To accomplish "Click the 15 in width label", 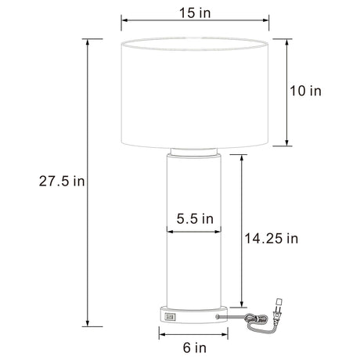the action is pyautogui.click(x=195, y=13).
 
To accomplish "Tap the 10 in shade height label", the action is pyautogui.click(x=305, y=91).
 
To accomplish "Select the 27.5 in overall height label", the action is pyautogui.click(x=62, y=181).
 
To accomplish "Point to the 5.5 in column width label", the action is pyautogui.click(x=195, y=218).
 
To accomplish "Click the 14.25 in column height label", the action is pyautogui.click(x=271, y=239).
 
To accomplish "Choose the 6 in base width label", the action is pyautogui.click(x=195, y=347).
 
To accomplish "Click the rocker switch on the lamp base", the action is pyautogui.click(x=170, y=317).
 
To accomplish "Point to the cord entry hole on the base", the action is pyautogui.click(x=217, y=316).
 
